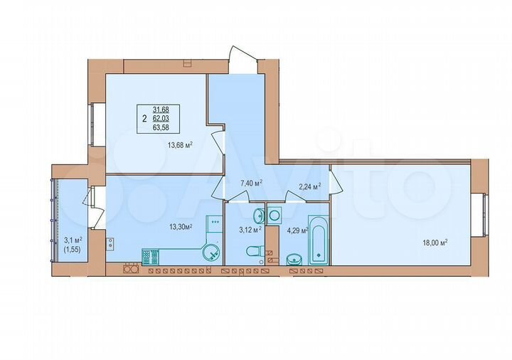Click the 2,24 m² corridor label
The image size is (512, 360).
[x=309, y=186]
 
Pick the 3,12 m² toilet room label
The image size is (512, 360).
[x=250, y=229]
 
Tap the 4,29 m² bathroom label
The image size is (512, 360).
[x=297, y=231]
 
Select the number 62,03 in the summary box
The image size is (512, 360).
[x=170, y=119]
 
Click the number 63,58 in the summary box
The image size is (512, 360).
[x=170, y=128]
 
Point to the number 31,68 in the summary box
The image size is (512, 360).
[x=170, y=110]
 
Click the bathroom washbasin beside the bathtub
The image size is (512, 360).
[x=296, y=259]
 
